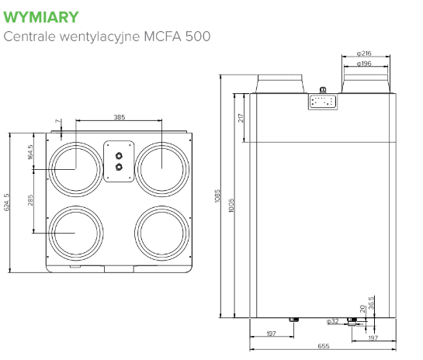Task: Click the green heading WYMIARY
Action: pos(41,17)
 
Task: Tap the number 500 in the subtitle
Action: pos(198,36)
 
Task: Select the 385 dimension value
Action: pos(120,117)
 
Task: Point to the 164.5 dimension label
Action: pos(30,152)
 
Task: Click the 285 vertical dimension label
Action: pos(30,200)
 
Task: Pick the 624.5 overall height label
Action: pos(7,202)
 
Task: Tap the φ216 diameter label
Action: pos(364,54)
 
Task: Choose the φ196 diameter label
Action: pos(364,64)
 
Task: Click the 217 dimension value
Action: pos(241,118)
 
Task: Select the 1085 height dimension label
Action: pos(217,196)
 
